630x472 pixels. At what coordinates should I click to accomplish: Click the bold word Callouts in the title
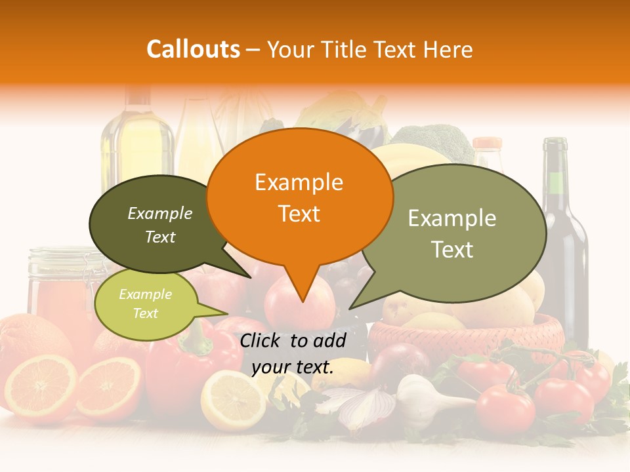pos(193,49)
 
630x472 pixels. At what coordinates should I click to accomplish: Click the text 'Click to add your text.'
pos(293,353)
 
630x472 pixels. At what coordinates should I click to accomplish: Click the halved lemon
pos(232,399)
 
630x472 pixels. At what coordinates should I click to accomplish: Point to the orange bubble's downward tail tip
pos(303,301)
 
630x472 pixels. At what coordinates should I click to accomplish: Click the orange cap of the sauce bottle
pos(487,143)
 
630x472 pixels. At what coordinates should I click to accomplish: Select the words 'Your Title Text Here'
pos(370,49)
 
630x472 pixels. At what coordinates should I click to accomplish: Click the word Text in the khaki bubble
pos(451,249)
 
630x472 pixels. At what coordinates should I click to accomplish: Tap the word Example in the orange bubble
pos(299,182)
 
